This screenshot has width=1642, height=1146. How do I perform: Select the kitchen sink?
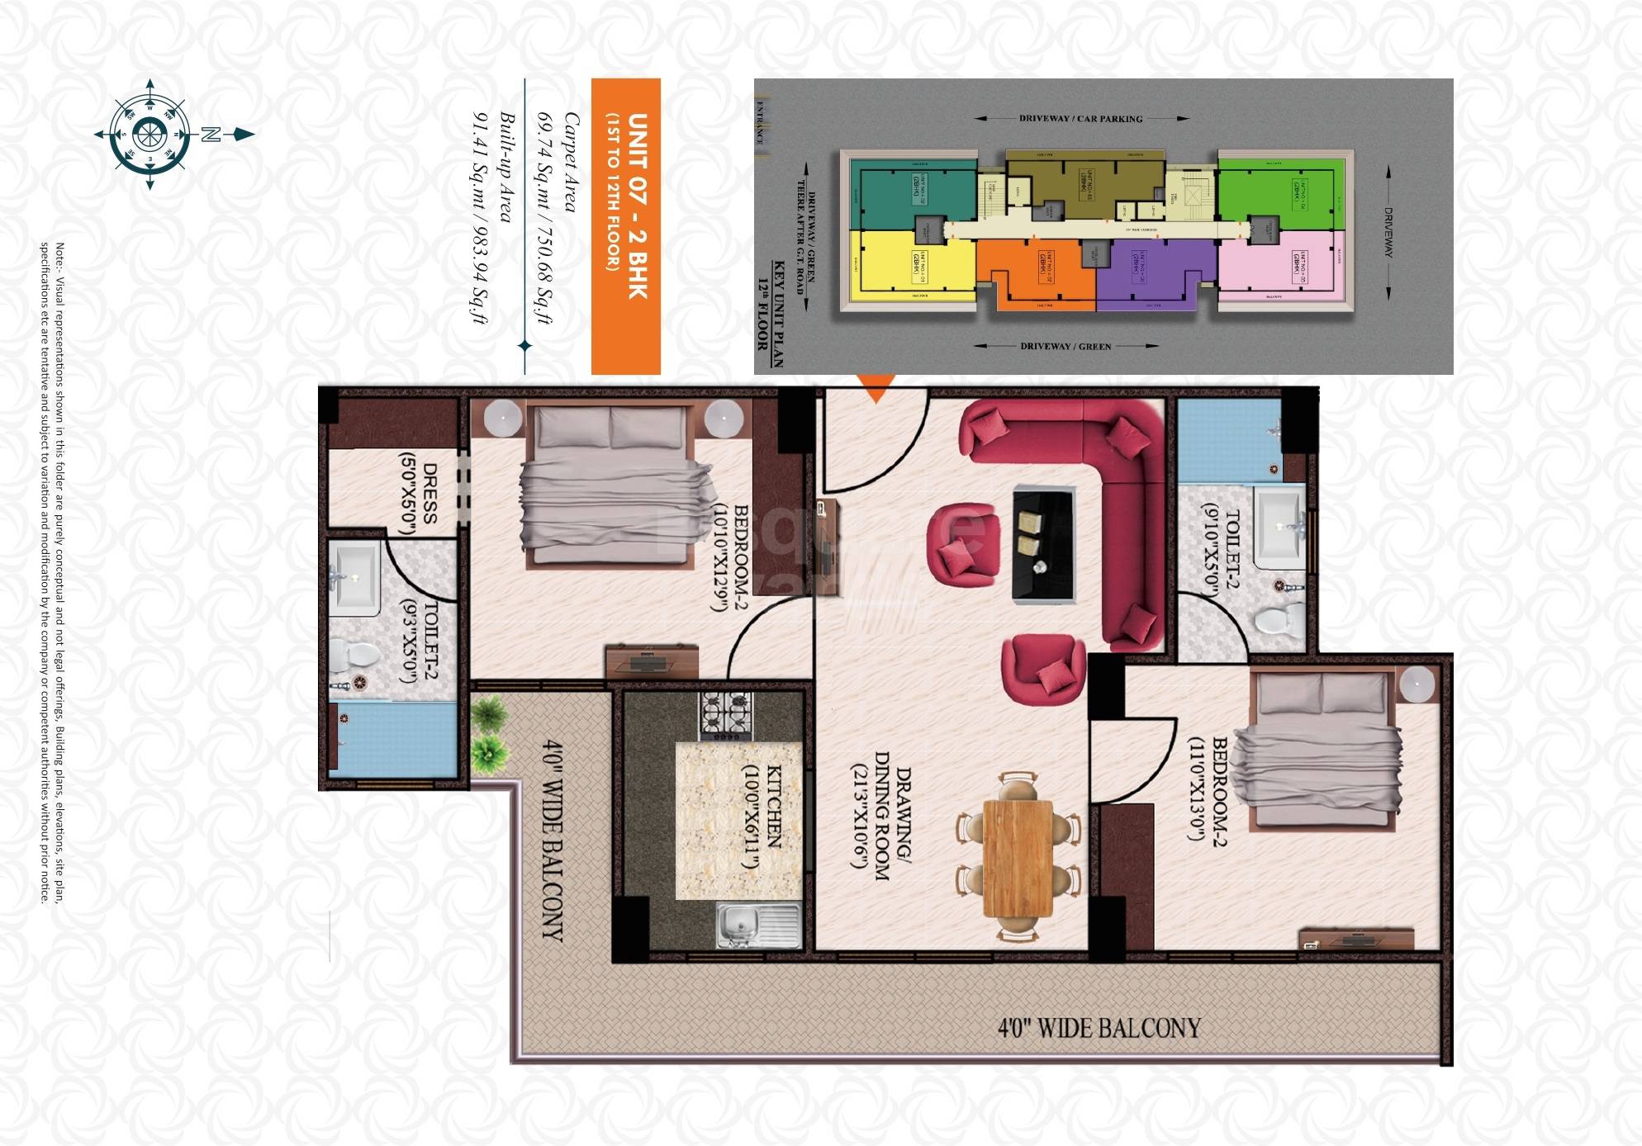pyautogui.click(x=757, y=926)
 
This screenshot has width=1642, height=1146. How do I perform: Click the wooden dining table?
pyautogui.click(x=1018, y=858)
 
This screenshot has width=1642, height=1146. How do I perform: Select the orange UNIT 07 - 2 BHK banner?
pyautogui.click(x=626, y=225)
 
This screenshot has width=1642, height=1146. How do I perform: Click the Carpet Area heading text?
pyautogui.click(x=571, y=162)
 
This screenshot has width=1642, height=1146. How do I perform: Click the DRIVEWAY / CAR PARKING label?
pyautogui.click(x=1080, y=119)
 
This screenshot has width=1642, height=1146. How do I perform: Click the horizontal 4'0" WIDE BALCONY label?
pyautogui.click(x=1099, y=1028)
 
